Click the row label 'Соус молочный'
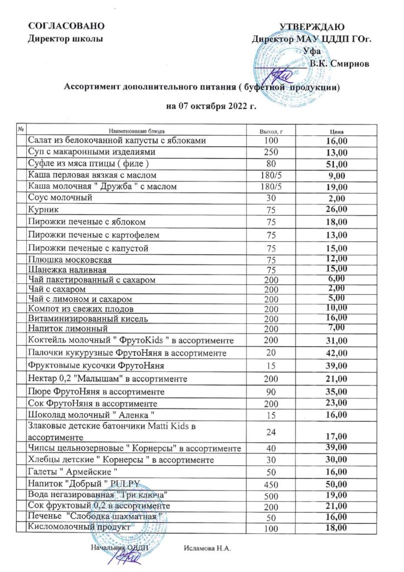tap(60, 197)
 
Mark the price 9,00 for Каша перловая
tap(337, 175)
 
